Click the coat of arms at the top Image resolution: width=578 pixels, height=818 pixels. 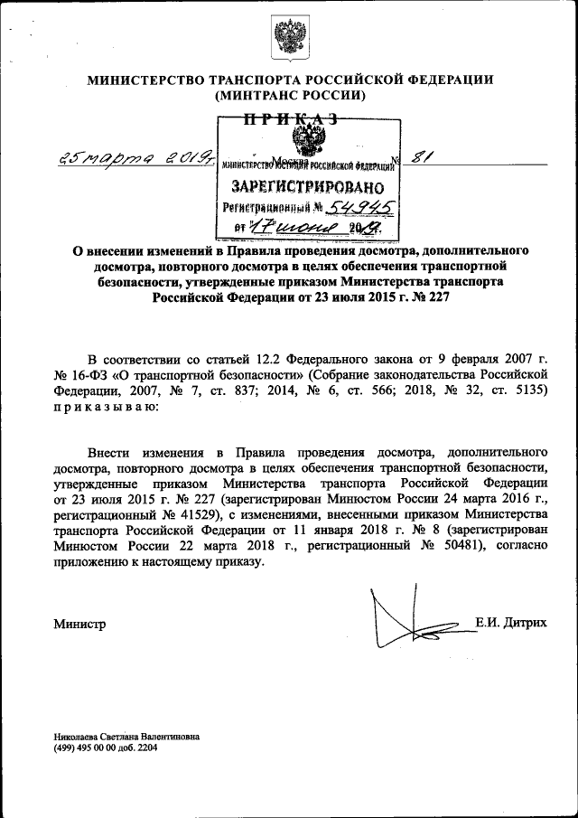(289, 38)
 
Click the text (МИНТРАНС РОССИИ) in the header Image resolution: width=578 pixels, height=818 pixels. (289, 95)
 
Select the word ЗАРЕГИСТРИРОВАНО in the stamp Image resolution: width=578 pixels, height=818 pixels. (309, 187)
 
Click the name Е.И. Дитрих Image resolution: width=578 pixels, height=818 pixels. (510, 623)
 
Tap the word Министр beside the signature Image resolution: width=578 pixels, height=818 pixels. (79, 624)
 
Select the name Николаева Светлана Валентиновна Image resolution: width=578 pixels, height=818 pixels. (126, 737)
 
